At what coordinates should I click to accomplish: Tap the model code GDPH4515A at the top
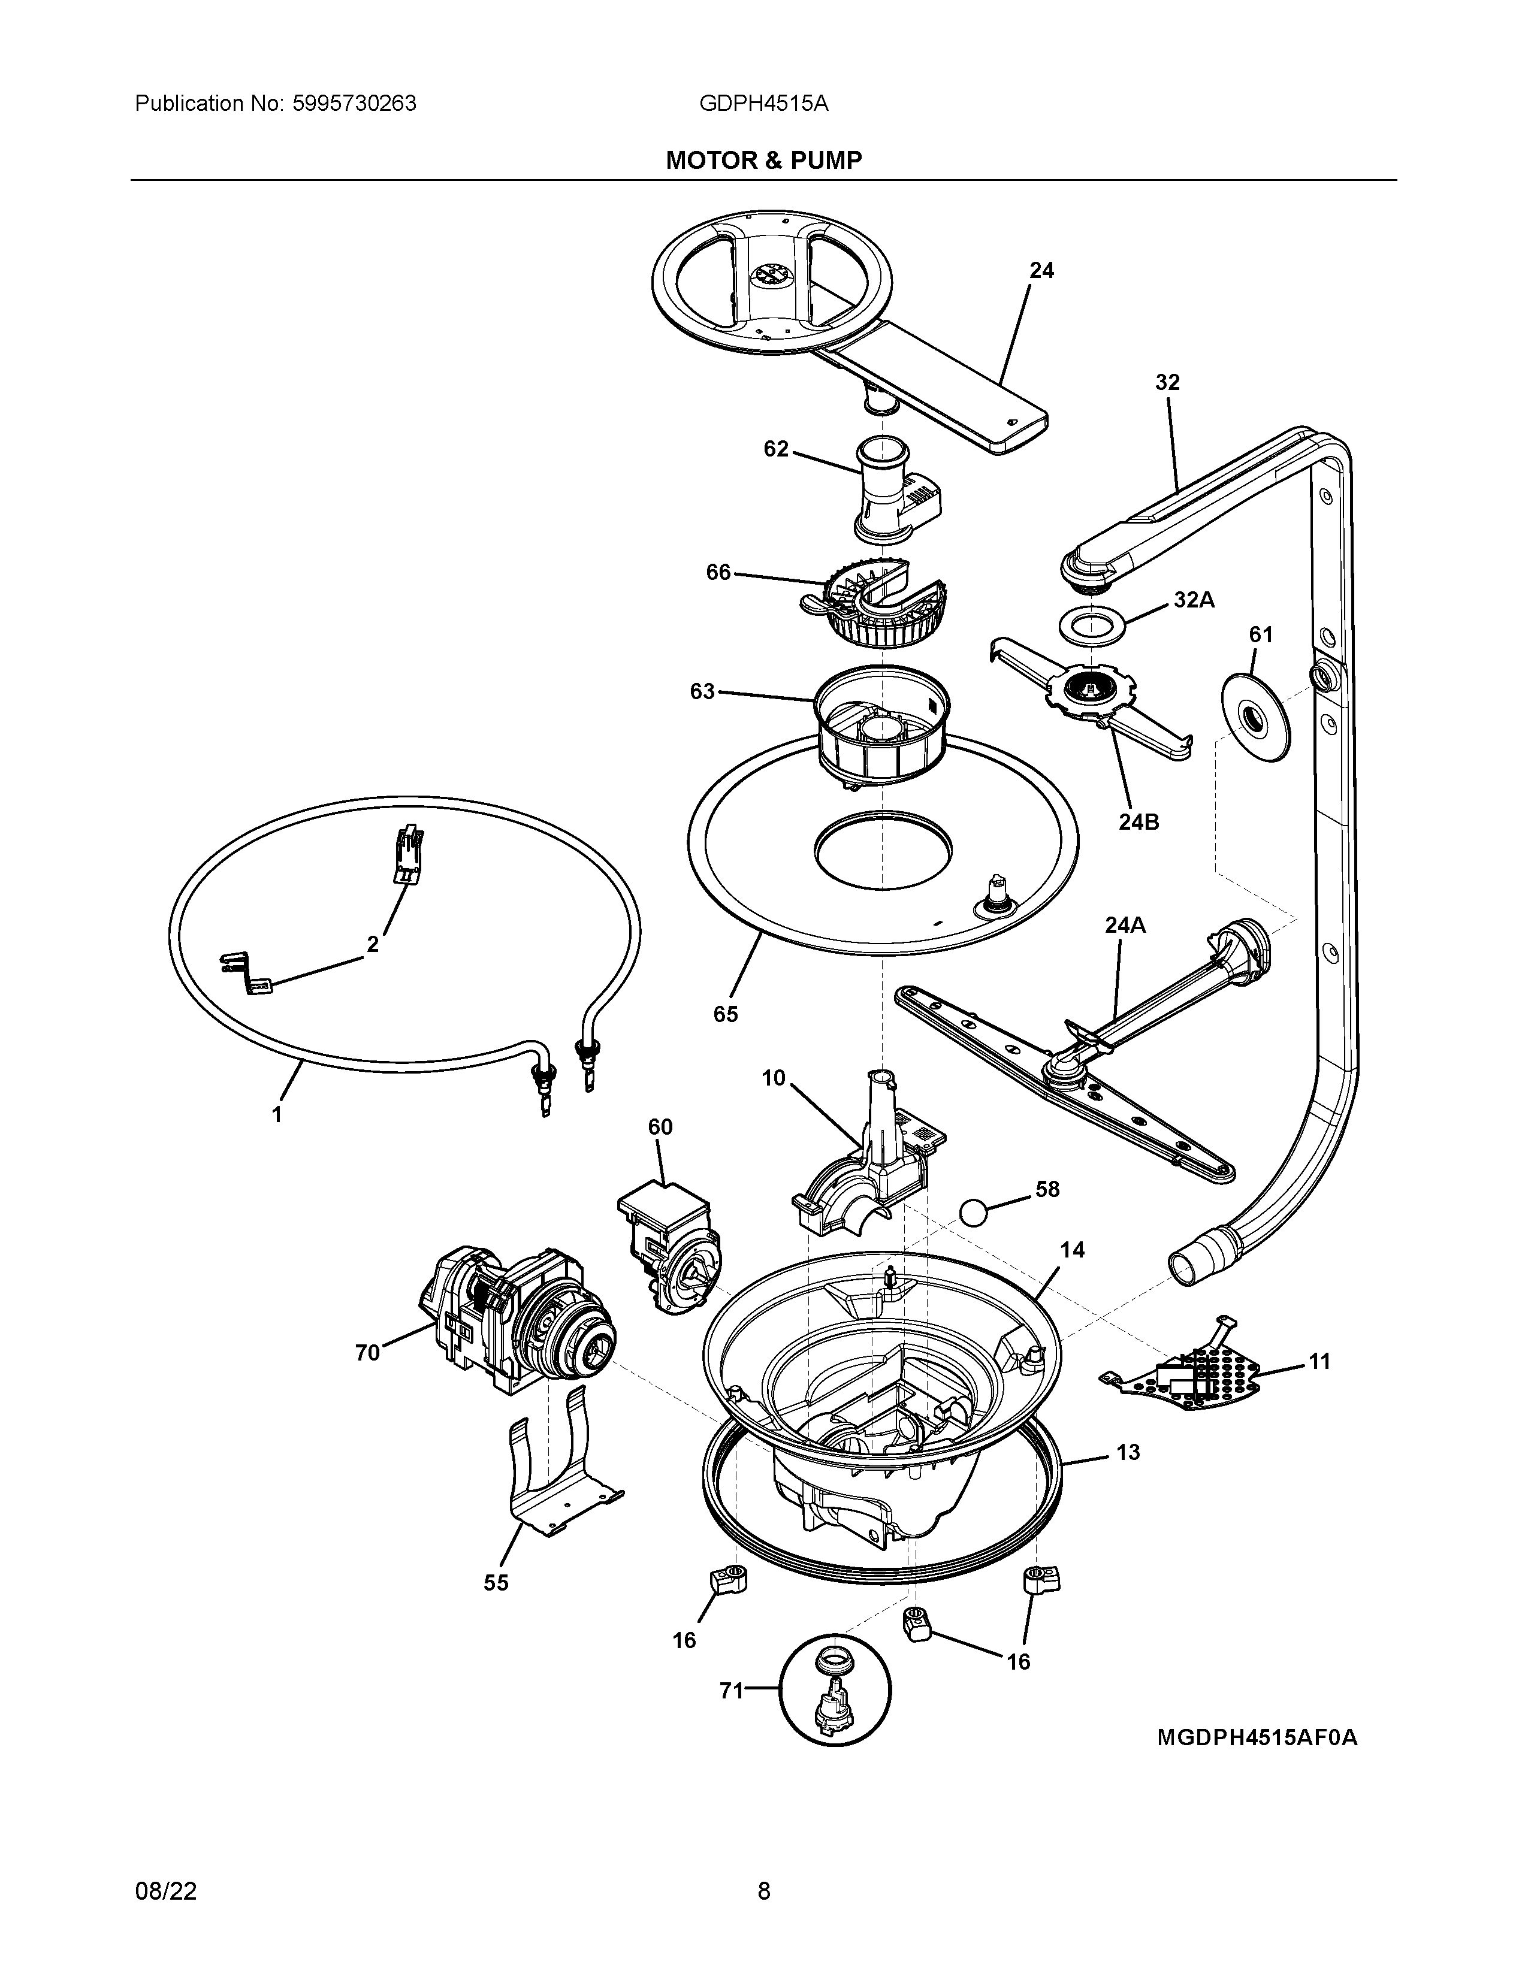click(763, 104)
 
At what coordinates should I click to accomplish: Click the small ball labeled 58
click(973, 1211)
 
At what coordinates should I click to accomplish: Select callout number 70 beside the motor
click(367, 1379)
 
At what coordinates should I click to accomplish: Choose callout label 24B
click(1139, 822)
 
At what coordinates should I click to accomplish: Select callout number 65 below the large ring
click(725, 1014)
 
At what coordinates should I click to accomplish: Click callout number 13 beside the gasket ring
click(1128, 1453)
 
